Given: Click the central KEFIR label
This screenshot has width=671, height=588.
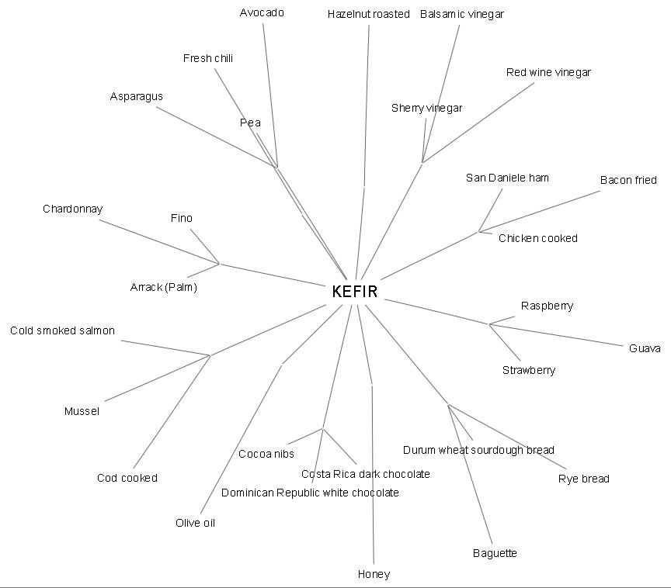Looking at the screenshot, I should pyautogui.click(x=354, y=292).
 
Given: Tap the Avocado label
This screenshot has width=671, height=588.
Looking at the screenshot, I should pyautogui.click(x=262, y=12).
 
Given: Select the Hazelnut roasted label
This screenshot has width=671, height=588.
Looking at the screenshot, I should pyautogui.click(x=368, y=14).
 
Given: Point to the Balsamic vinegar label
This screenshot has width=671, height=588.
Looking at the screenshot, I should pyautogui.click(x=461, y=14).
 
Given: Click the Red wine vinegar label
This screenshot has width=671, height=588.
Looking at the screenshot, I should pyautogui.click(x=548, y=72).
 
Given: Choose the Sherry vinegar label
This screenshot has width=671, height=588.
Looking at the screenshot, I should pyautogui.click(x=426, y=108).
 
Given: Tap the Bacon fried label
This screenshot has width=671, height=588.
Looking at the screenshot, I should pyautogui.click(x=628, y=180).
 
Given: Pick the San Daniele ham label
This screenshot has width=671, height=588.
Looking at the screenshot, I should pyautogui.click(x=507, y=178).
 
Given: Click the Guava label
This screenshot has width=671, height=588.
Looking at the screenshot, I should pyautogui.click(x=645, y=348).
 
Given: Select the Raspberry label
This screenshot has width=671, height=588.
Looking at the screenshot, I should pyautogui.click(x=547, y=306).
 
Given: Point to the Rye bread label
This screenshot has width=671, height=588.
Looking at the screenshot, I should pyautogui.click(x=583, y=479).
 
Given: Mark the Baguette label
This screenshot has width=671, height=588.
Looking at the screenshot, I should pyautogui.click(x=495, y=553).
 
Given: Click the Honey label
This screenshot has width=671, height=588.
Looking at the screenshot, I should pyautogui.click(x=374, y=574).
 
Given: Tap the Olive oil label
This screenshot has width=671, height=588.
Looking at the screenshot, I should pyautogui.click(x=195, y=523).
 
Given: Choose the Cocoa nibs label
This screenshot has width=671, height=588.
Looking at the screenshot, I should pyautogui.click(x=266, y=454).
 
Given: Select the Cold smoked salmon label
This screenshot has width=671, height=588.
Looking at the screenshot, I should pyautogui.click(x=62, y=330).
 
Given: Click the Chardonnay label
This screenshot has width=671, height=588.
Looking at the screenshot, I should pyautogui.click(x=72, y=209).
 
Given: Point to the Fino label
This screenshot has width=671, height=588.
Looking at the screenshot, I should pyautogui.click(x=181, y=218).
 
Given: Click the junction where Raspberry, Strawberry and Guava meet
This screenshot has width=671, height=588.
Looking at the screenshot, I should pyautogui.click(x=489, y=324).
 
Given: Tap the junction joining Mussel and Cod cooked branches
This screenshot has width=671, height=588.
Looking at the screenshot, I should pyautogui.click(x=210, y=355).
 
